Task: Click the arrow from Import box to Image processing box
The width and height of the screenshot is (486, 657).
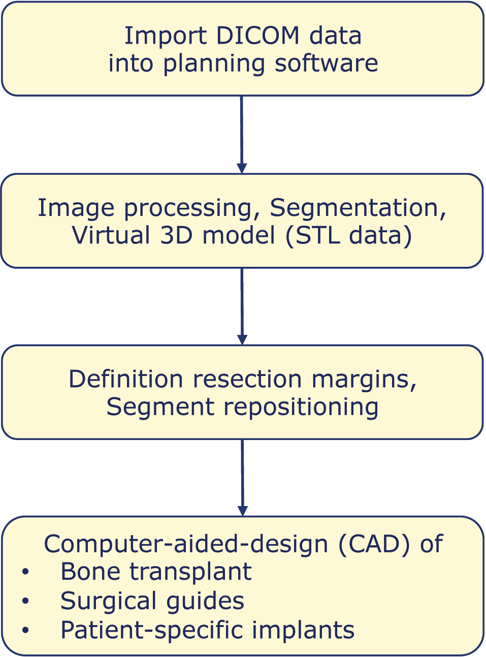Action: [242, 134]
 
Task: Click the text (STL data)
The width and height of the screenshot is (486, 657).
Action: [348, 236]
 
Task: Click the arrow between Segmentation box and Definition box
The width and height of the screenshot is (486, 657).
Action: [242, 306]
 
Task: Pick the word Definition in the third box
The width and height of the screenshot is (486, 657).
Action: [125, 380]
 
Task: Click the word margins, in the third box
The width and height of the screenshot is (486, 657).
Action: [364, 380]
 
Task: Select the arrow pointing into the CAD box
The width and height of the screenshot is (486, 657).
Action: [243, 478]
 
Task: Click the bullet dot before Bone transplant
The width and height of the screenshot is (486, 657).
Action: [25, 572]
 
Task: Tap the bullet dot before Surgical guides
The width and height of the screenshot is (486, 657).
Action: [25, 601]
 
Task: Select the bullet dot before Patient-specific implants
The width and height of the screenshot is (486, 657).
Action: [25, 631]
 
